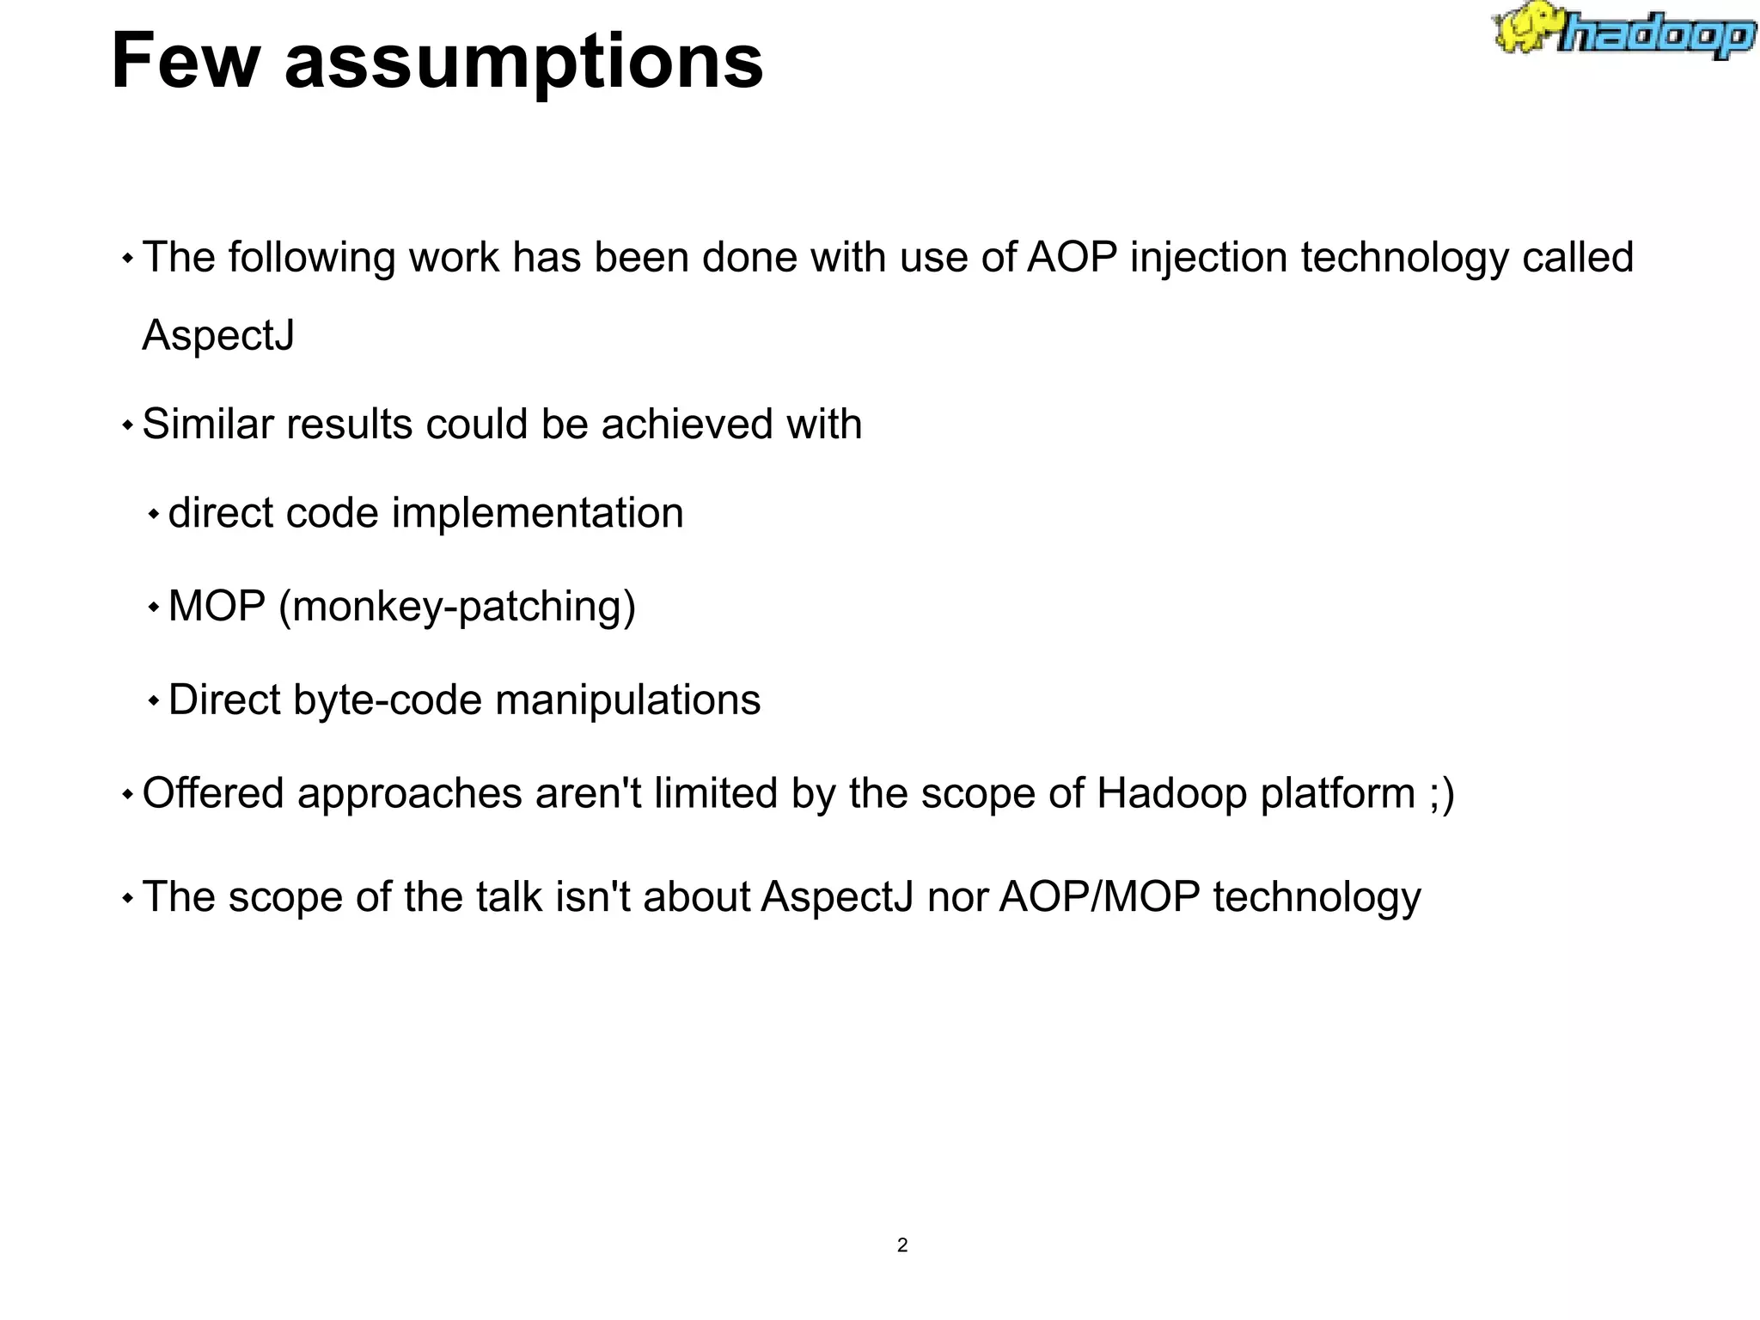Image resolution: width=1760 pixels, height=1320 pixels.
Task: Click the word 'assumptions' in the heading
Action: pyautogui.click(x=523, y=62)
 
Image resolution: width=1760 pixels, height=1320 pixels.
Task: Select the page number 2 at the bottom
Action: pyautogui.click(x=901, y=1245)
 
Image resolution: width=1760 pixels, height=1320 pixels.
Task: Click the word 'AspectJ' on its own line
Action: pyautogui.click(x=218, y=335)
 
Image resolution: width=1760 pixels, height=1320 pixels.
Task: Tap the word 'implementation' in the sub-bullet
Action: pyautogui.click(x=537, y=513)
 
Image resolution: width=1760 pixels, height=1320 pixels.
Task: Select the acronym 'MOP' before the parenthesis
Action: pyautogui.click(x=217, y=606)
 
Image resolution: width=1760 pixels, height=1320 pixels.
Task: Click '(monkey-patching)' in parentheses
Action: pyautogui.click(x=457, y=607)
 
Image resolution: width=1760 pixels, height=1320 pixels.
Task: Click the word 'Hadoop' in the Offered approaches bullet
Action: pyautogui.click(x=1171, y=793)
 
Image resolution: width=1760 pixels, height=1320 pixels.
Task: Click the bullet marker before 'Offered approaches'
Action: pyautogui.click(x=127, y=795)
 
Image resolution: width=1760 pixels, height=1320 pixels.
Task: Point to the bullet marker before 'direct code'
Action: pyautogui.click(x=154, y=515)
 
